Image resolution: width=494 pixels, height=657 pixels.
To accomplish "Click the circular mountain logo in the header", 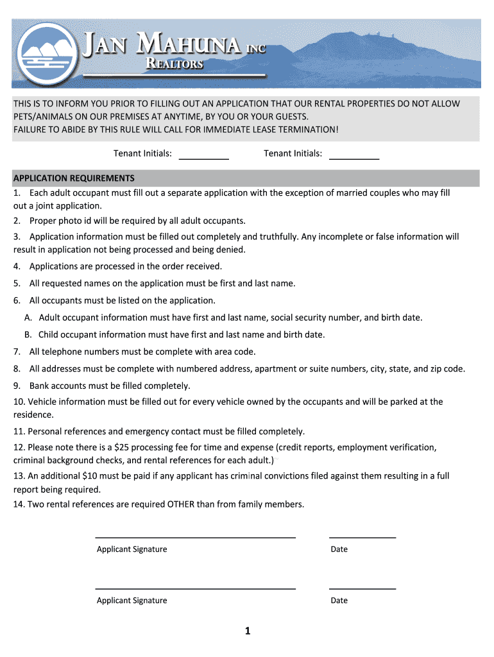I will click(47, 54).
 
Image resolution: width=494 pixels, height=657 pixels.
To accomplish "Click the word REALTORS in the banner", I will click(175, 64).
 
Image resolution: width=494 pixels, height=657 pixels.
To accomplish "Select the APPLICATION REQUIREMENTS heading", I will click(74, 178).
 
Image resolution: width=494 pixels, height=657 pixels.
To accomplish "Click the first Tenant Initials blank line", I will click(203, 157).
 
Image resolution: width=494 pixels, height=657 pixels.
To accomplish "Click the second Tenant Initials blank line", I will click(354, 157).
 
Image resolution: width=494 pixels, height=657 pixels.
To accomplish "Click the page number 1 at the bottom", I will click(247, 631).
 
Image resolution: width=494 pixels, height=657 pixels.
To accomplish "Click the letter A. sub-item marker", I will click(28, 318).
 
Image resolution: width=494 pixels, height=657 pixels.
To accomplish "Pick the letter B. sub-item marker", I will click(28, 334).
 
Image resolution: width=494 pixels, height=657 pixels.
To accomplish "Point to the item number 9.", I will click(17, 386).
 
